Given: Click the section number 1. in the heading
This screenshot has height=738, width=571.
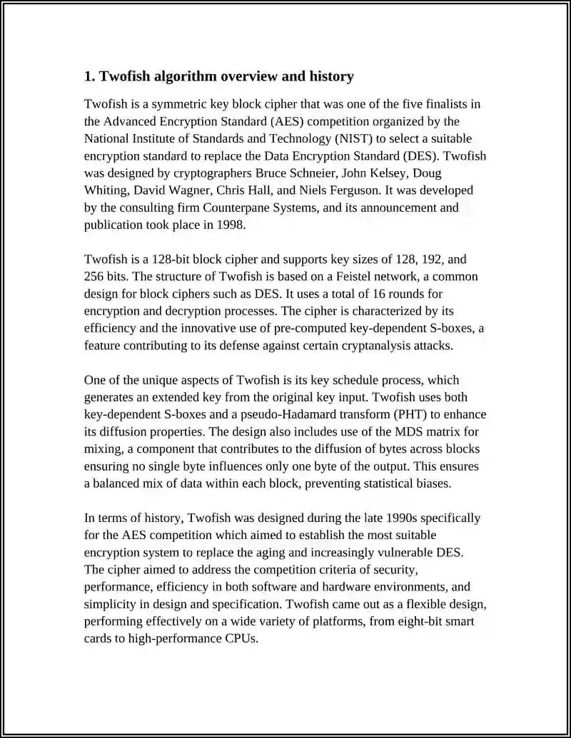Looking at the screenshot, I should pyautogui.click(x=89, y=76).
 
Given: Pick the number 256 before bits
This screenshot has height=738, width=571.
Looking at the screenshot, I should pyautogui.click(x=95, y=277).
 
